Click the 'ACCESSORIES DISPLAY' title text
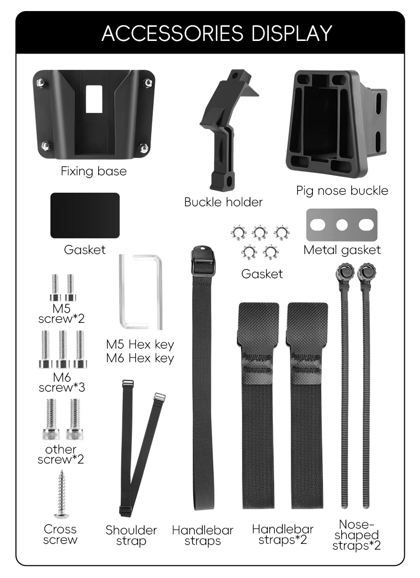point(217,33)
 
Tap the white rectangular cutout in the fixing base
point(93,98)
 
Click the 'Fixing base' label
point(93,171)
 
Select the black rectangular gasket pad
point(85,215)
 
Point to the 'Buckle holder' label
point(224,202)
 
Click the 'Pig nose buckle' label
point(342,191)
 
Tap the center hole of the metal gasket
point(342,225)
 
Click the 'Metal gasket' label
point(342,250)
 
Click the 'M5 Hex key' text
point(140,345)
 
